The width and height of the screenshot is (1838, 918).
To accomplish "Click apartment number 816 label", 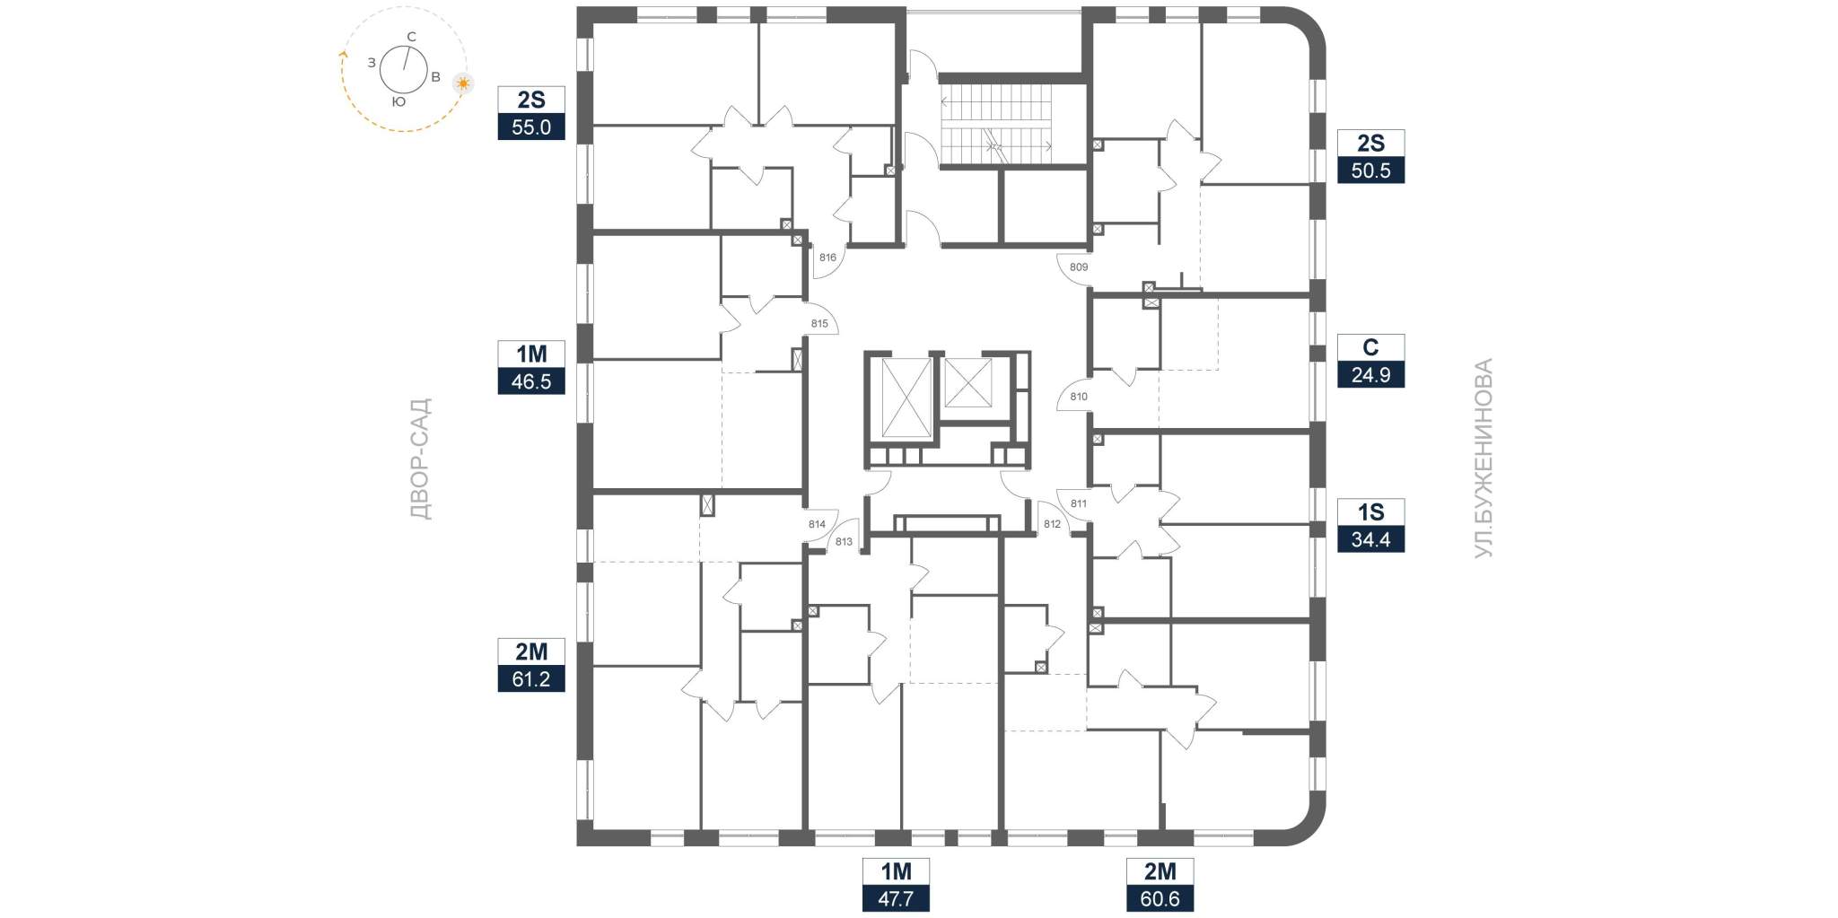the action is coord(827,258).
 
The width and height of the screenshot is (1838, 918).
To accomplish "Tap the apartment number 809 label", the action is coord(1079,267).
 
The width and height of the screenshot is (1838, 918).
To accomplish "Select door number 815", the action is coord(819,324).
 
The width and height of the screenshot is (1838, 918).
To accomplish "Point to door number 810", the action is coord(1079,397).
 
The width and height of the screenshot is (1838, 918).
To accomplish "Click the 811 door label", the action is coord(1079,503).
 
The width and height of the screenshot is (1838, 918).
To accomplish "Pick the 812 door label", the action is coord(1052,524).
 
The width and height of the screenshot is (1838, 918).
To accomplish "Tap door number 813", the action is coord(844,542).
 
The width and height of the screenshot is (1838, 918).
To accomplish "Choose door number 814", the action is coord(817,525).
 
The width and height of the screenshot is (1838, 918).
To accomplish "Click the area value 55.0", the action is coord(531,127).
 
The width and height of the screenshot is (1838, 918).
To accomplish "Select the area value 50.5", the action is coord(1370,170).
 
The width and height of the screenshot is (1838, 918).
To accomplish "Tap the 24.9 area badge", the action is coord(1370,374).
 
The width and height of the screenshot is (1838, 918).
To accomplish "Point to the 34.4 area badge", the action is coord(1370,539).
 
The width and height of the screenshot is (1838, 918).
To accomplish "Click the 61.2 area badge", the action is coord(531,678).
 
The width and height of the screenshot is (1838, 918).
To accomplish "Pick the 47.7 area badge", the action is coord(896,898).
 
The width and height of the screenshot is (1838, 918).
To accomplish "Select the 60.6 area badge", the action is coord(1160,898).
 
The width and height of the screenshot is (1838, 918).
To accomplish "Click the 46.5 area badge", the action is coord(531,380).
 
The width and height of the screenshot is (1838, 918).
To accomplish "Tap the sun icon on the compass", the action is coord(463,84).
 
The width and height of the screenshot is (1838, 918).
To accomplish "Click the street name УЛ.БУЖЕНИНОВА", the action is coord(1484,459).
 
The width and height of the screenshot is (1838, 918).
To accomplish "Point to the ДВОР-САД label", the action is coord(420,459).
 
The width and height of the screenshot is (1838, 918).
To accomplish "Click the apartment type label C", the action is coord(1370,347).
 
